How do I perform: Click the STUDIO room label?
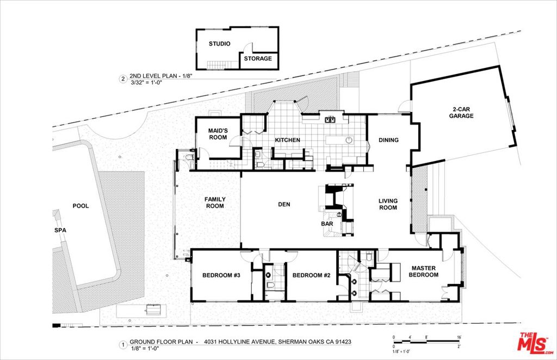click(220, 44)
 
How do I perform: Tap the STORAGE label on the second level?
click(258, 59)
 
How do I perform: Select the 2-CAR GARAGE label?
click(462, 112)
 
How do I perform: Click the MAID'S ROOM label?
click(218, 134)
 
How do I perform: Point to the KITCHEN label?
click(287, 140)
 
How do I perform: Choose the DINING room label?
click(388, 140)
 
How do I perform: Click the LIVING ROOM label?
click(388, 204)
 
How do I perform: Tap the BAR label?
click(328, 224)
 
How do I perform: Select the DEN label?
click(284, 204)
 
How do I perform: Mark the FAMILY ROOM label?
click(215, 203)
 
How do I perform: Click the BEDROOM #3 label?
click(221, 276)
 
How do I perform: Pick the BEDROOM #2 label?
click(311, 276)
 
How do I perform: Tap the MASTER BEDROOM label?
click(425, 271)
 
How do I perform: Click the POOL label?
click(81, 206)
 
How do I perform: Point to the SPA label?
click(60, 231)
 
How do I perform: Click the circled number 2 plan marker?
click(123, 79)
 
